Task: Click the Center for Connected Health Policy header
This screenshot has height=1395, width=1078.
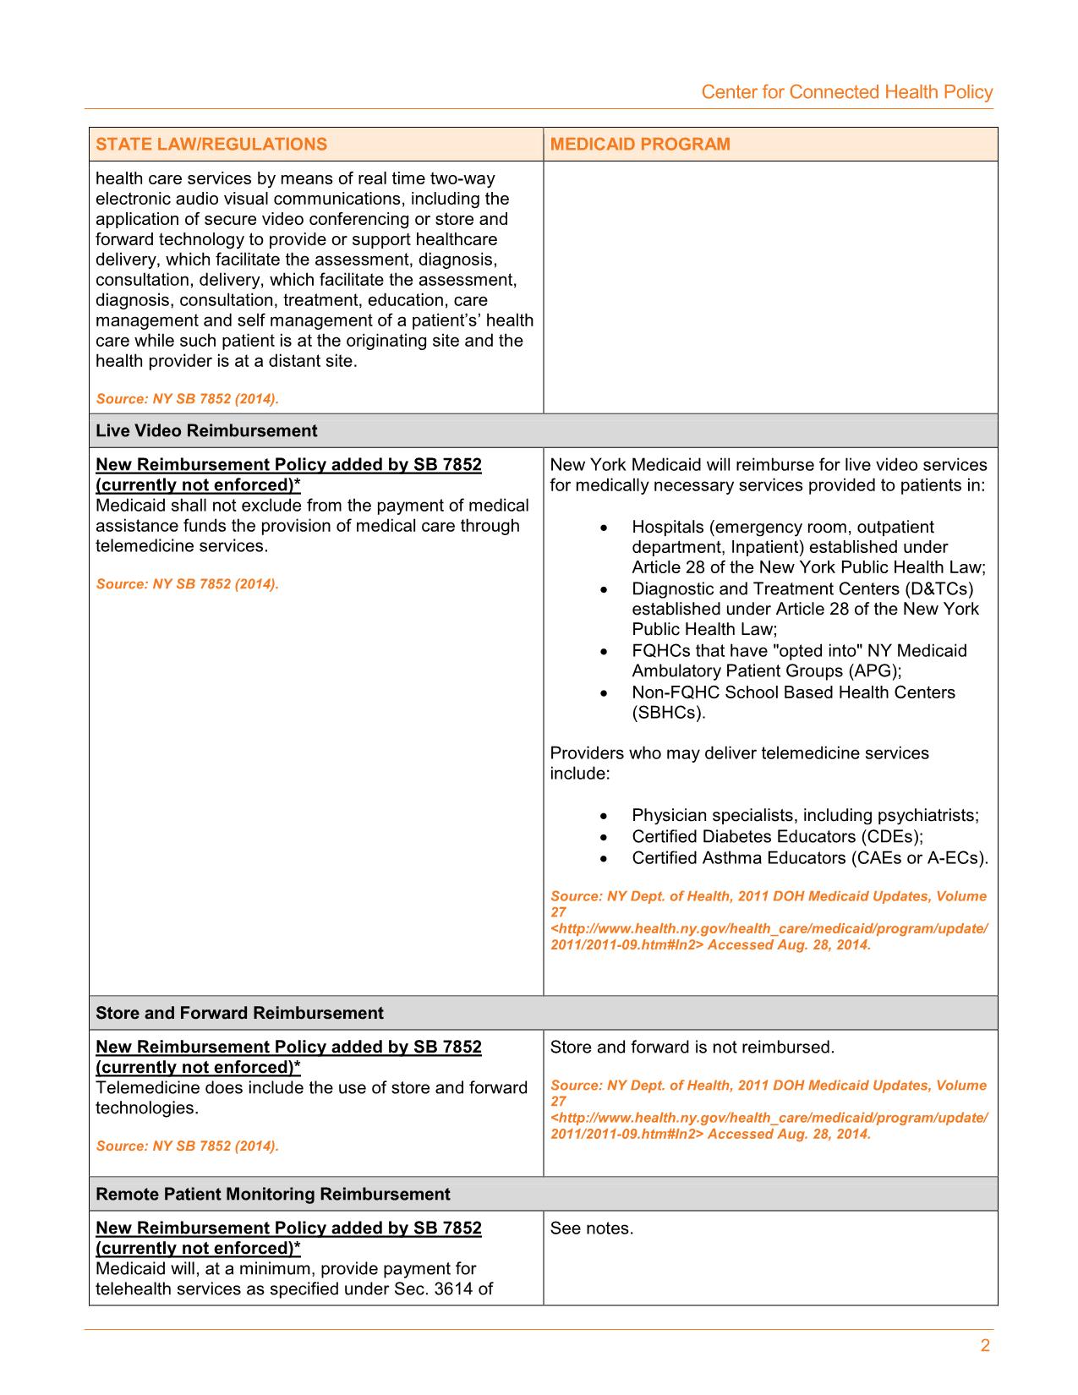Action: click(846, 92)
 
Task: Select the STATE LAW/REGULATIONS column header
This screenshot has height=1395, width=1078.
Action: click(211, 144)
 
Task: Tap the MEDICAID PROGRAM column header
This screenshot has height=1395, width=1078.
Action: click(640, 144)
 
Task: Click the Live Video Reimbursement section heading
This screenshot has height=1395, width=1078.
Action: click(206, 430)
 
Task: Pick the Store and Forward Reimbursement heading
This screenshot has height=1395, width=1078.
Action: click(239, 1013)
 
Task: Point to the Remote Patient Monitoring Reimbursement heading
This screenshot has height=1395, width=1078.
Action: click(273, 1194)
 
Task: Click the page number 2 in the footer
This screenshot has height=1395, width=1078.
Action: click(985, 1346)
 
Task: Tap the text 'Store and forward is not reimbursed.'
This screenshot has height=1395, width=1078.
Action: click(692, 1047)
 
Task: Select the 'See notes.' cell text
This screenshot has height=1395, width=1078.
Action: click(591, 1228)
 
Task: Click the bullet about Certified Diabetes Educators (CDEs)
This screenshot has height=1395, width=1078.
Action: click(777, 836)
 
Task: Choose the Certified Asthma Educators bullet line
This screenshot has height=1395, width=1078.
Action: click(809, 857)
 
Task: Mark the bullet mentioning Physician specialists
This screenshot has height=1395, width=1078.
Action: click(805, 815)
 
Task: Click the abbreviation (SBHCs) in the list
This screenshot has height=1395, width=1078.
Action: click(668, 712)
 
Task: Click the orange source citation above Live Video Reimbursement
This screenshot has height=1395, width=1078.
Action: click(187, 398)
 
